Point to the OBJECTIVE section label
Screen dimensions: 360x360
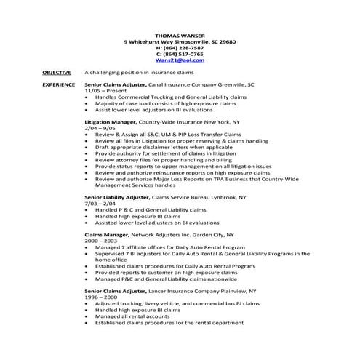56,73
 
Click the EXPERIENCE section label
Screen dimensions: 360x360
58,85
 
